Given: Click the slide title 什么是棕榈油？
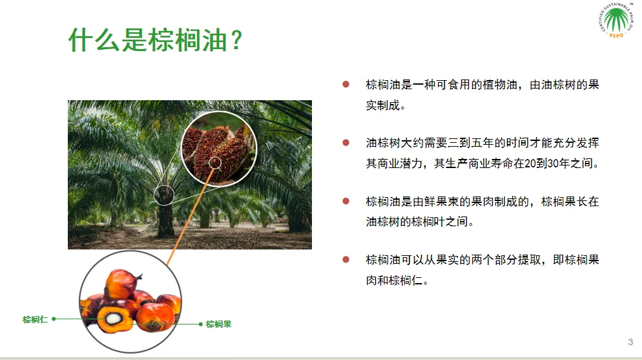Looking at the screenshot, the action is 156,40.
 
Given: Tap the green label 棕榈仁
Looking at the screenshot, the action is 36,319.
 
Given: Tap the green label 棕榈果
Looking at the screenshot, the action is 219,324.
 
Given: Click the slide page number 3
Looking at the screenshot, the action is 630,342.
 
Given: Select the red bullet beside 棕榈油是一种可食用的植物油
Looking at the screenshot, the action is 346,85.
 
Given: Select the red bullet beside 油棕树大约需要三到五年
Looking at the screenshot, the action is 346,143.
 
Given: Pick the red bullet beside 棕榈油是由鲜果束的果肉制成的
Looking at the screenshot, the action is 346,201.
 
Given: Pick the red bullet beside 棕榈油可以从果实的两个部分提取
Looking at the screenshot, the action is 346,259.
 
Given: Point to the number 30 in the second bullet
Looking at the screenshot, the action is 553,164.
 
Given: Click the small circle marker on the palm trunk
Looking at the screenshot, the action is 164,195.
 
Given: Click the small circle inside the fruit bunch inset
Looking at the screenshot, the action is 215,163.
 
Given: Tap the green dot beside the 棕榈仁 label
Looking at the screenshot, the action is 54,319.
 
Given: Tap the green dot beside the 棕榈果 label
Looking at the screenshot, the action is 201,324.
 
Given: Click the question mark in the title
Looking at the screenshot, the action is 236,40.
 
